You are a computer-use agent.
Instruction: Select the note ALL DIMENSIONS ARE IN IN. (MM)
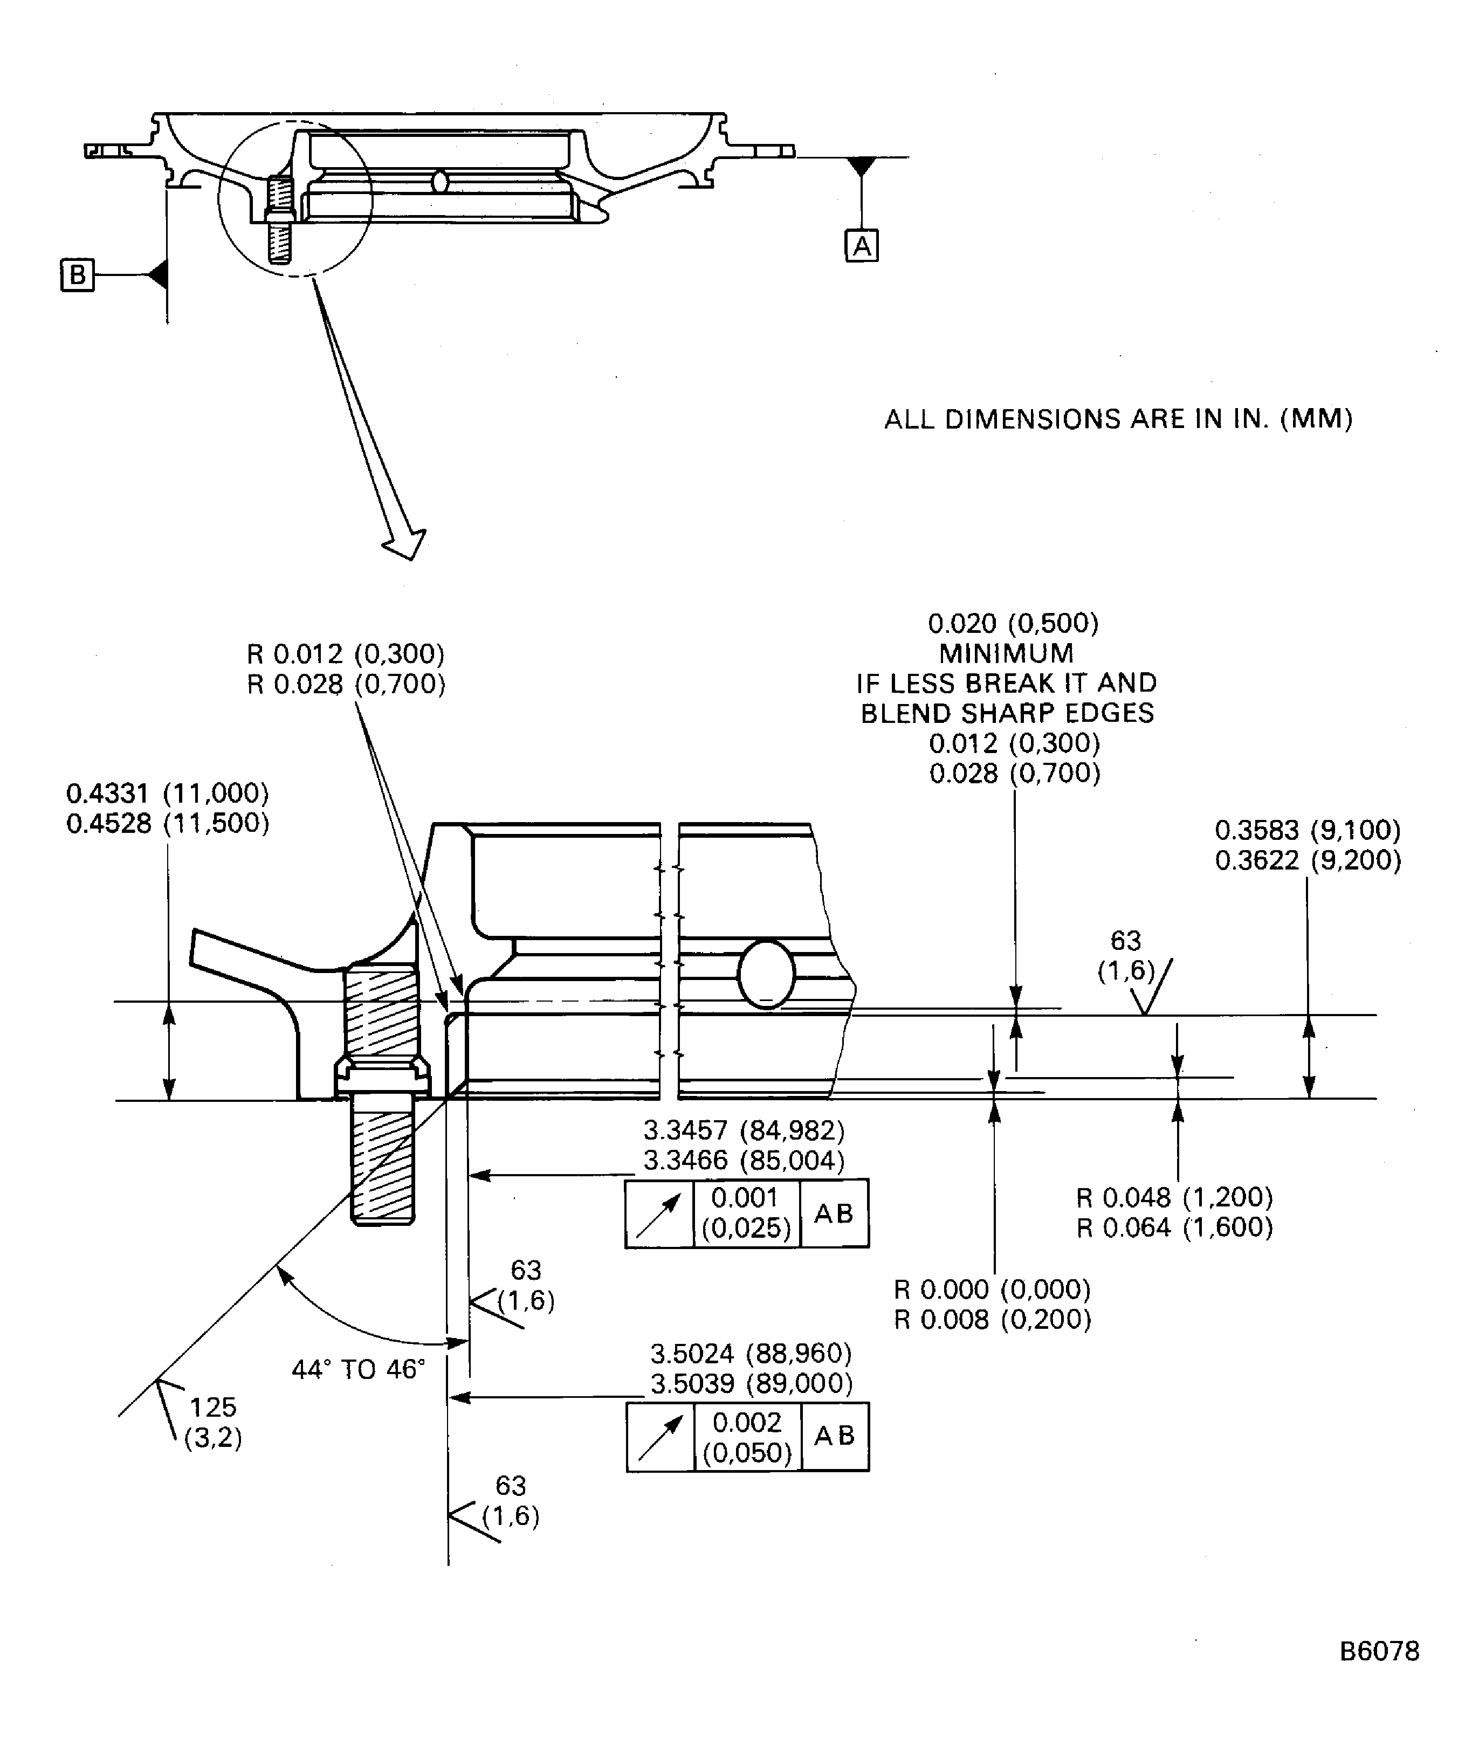tap(1118, 419)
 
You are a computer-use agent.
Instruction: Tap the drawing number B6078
tap(1379, 1651)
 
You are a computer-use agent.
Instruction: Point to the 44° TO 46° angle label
tap(359, 1369)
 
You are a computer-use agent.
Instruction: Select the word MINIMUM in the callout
tap(1006, 653)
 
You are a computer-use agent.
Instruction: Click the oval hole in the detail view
tap(766, 974)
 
